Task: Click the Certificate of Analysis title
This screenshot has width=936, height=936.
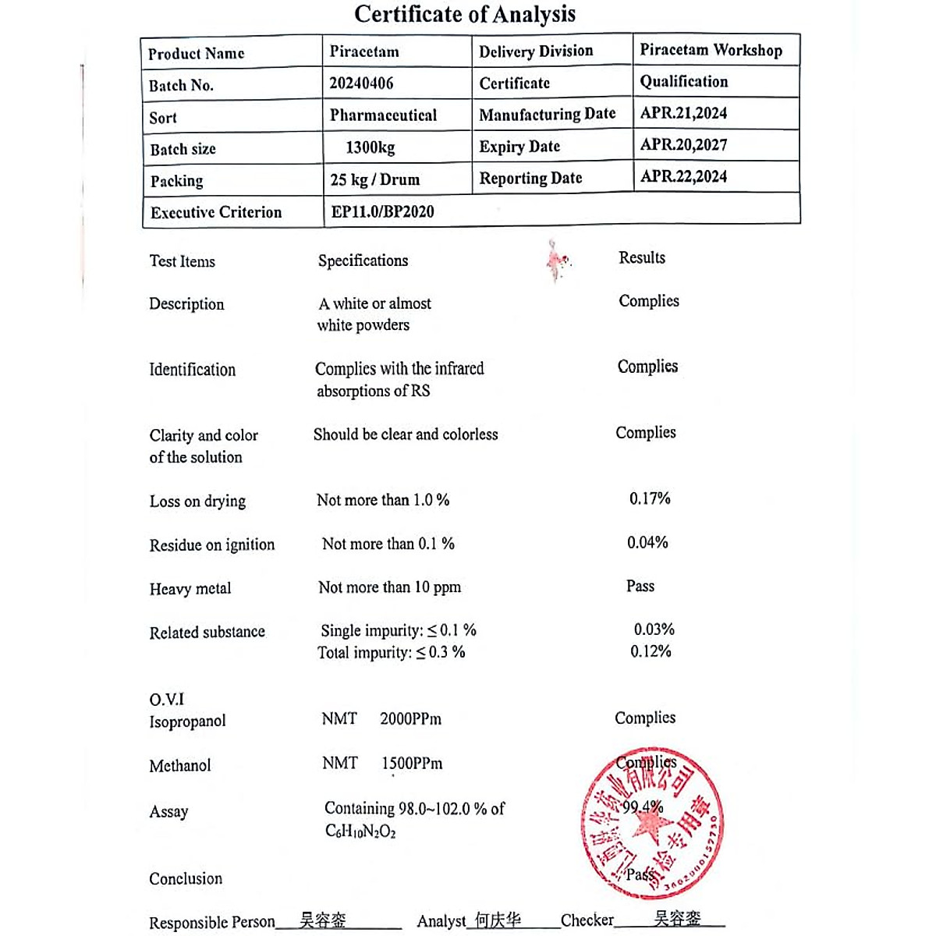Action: (x=465, y=14)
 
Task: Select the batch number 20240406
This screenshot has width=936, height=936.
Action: (x=361, y=83)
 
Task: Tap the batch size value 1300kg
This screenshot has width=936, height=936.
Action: (x=370, y=147)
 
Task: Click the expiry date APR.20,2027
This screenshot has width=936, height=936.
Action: (x=683, y=145)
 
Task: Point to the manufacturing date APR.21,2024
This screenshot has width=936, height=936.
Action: (x=683, y=113)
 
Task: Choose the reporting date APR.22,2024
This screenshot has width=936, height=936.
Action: (x=683, y=176)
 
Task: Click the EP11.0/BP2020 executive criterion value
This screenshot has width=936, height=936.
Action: (x=382, y=211)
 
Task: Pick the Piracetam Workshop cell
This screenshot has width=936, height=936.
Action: (x=711, y=50)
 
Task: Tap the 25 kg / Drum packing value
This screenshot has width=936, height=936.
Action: (x=374, y=179)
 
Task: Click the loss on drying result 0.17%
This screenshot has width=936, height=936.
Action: (x=650, y=498)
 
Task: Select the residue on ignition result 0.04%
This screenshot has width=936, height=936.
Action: (x=647, y=542)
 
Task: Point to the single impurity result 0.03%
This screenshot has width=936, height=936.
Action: (x=654, y=629)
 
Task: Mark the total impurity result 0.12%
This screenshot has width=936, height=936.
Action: (x=651, y=651)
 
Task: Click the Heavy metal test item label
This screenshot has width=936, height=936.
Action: (x=190, y=589)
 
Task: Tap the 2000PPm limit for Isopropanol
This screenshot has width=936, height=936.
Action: (x=410, y=719)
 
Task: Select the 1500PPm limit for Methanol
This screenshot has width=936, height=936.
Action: (x=412, y=764)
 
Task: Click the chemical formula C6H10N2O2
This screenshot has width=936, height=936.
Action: (x=360, y=831)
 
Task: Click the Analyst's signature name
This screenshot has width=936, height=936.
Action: (x=498, y=920)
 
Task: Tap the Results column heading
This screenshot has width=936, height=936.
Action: (x=642, y=258)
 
